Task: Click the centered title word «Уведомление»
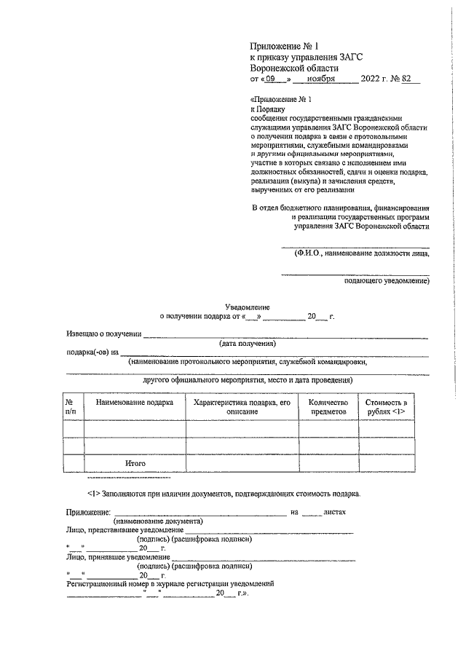(247, 308)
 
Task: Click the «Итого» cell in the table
(135, 463)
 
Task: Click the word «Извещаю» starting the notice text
(84, 334)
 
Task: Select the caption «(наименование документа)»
(157, 521)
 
